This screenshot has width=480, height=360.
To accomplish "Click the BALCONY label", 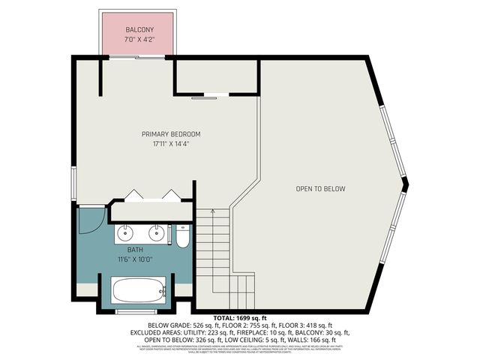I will pyautogui.click(x=139, y=29).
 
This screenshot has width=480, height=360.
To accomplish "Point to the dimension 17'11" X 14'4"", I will pyautogui.click(x=171, y=143).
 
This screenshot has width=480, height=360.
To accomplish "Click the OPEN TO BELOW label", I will pyautogui.click(x=320, y=189).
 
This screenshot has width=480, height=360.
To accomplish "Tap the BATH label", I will pyautogui.click(x=135, y=250).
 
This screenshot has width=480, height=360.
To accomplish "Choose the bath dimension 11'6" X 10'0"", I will pyautogui.click(x=135, y=259).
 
